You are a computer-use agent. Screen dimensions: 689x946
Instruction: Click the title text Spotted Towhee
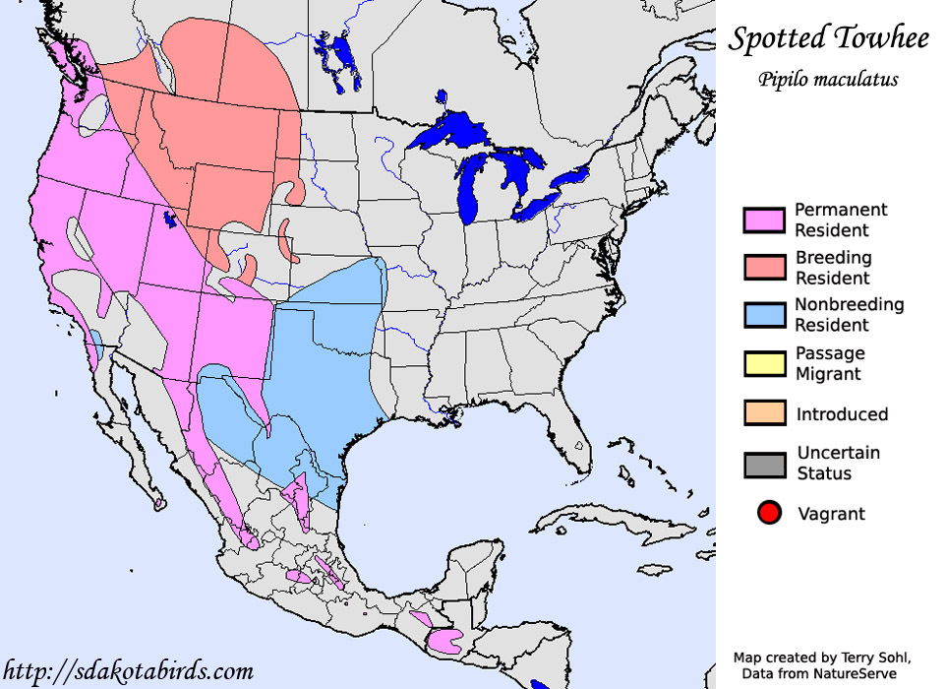point(828,39)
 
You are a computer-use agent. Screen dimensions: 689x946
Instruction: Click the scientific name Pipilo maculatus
point(828,80)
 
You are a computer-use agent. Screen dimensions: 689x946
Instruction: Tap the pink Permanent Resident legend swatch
point(764,220)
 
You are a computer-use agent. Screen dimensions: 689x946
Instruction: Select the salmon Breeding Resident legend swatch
point(764,268)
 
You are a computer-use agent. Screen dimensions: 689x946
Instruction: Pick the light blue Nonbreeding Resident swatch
point(764,315)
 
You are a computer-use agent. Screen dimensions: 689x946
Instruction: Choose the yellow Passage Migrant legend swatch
point(764,363)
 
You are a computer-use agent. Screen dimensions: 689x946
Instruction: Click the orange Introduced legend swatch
point(764,413)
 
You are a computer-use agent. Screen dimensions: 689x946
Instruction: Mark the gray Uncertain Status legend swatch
point(764,464)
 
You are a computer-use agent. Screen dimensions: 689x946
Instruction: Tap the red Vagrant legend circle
point(769,513)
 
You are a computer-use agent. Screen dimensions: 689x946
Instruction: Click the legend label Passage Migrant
point(830,363)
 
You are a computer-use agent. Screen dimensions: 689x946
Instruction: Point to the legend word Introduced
point(842,414)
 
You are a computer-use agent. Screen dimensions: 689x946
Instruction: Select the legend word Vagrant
point(832,514)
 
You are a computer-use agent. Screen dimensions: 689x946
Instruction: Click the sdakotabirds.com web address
point(128,671)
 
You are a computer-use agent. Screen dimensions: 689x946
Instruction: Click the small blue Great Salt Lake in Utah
point(170,219)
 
